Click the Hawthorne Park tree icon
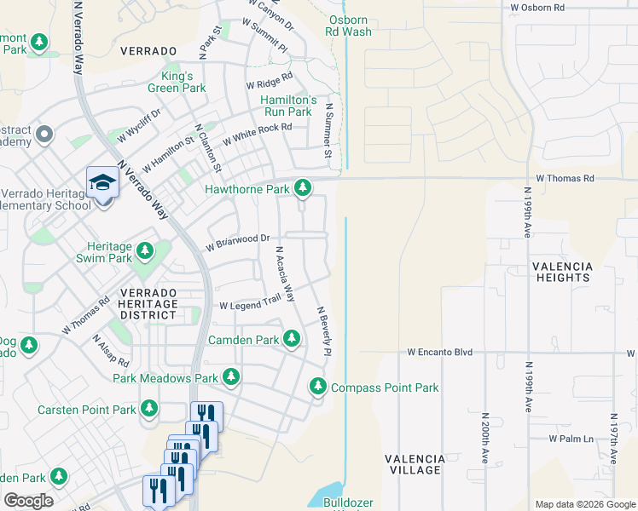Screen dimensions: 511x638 pos(302,187)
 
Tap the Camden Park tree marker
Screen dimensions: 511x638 pos(292,339)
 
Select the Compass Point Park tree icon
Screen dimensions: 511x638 pos(318,387)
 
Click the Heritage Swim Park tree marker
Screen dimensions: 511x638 pos(145,251)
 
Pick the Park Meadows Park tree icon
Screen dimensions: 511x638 pos(230,376)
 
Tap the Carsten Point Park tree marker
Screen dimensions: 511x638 pos(149,410)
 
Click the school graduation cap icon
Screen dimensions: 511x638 pos(102,183)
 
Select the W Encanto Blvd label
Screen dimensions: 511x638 pos(439,351)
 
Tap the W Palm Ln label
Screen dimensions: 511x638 pos(571,439)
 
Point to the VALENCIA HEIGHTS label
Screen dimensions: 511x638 pos(561,272)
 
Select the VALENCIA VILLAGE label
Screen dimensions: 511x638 pos(415,464)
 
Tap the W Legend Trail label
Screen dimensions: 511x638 pos(250,305)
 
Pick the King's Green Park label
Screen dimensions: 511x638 pos(177,81)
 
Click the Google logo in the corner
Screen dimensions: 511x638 pos(28,501)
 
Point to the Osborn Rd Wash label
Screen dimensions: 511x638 pos(347,25)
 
